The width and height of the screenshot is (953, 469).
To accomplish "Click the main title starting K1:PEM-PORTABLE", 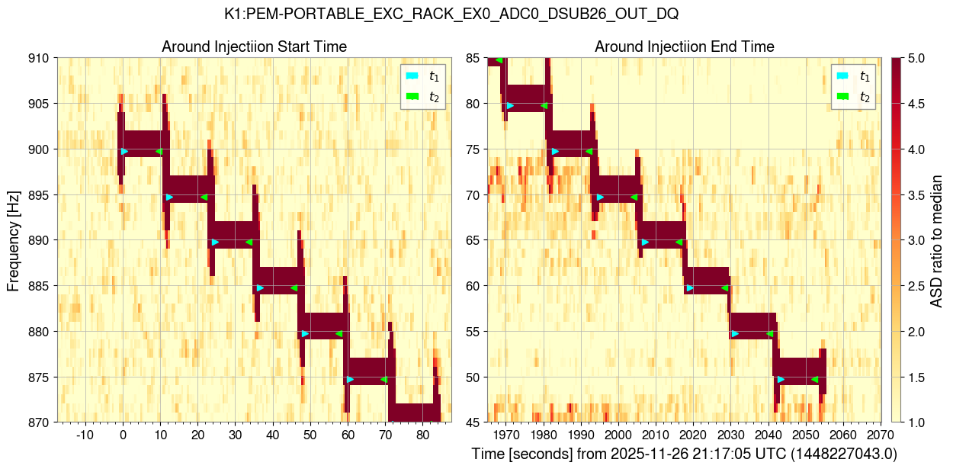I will [x=451, y=14].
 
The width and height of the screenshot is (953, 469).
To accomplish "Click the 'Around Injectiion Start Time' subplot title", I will [x=254, y=47].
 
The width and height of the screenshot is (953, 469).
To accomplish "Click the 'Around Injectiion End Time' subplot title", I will [x=684, y=47].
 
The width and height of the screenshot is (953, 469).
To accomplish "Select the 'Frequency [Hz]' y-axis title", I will [x=14, y=240].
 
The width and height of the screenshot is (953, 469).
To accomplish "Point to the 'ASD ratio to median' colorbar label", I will [x=938, y=240].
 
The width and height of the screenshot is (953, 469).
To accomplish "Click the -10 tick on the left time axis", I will [x=84, y=435].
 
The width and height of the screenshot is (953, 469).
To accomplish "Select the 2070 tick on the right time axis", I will [x=878, y=435].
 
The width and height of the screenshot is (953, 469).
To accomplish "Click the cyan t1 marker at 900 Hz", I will [x=124, y=151].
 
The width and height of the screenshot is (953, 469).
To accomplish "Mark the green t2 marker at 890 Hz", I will [x=249, y=243].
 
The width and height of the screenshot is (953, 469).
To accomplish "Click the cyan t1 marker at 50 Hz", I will [x=781, y=379].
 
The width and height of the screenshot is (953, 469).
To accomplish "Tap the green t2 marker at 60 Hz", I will [x=724, y=288].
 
